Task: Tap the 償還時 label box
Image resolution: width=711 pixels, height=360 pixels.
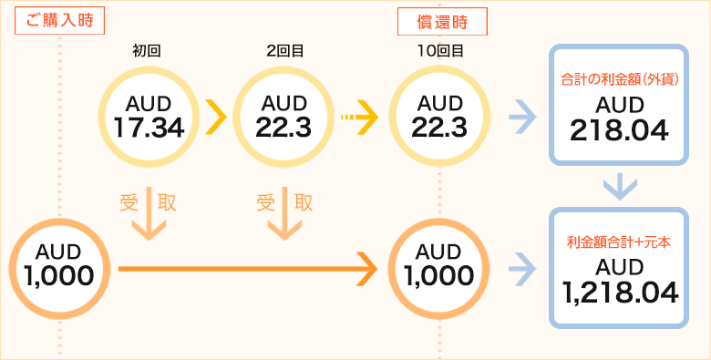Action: point(443,20)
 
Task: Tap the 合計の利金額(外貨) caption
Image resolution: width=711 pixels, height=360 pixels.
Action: point(620,80)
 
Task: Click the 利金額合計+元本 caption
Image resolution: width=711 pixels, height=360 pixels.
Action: point(620,242)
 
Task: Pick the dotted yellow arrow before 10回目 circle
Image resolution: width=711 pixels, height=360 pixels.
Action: point(359,117)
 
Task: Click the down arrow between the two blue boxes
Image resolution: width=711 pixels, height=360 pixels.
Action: point(620,187)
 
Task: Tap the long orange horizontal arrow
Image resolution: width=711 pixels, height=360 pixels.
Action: point(246,267)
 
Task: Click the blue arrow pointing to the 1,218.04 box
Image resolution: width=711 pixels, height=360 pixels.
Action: point(520,267)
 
